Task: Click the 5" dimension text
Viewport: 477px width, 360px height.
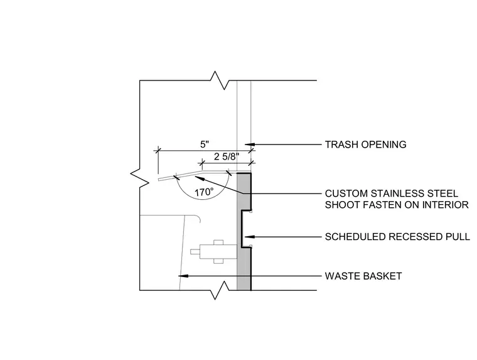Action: click(205, 145)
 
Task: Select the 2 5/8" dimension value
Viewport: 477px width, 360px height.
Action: click(227, 157)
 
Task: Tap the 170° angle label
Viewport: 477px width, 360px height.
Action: click(204, 192)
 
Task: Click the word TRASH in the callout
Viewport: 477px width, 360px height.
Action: click(339, 145)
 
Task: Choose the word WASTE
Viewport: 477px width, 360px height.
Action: click(340, 276)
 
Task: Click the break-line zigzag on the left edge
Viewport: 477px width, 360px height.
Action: click(139, 178)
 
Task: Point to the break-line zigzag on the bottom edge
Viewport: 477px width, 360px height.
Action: click(220, 290)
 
